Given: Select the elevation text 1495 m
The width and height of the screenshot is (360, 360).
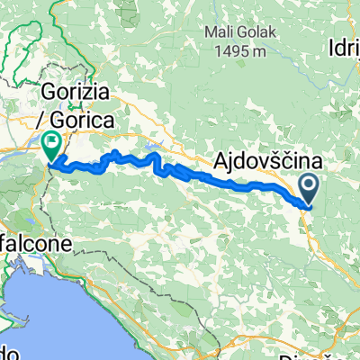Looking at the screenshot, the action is [244, 52].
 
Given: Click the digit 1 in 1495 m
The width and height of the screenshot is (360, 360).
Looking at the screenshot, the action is [220, 52].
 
